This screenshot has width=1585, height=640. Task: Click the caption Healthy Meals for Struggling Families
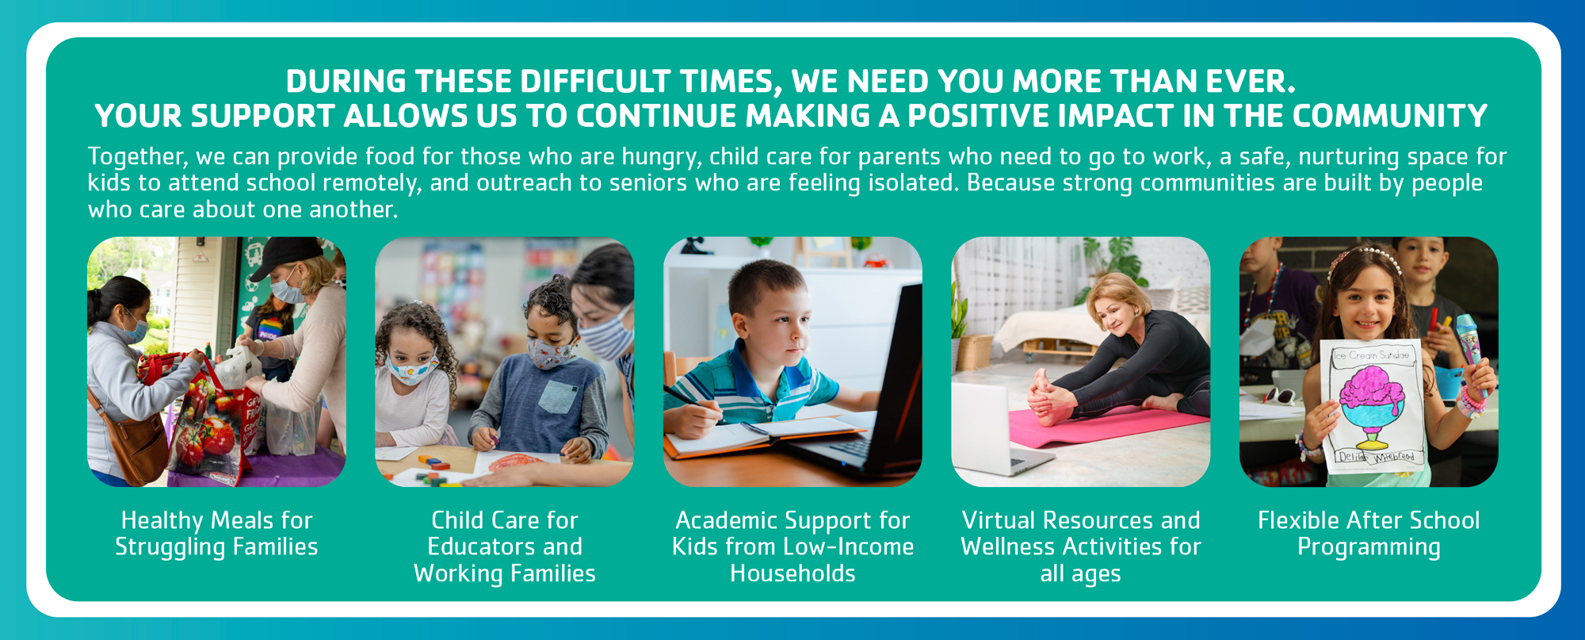click(x=216, y=534)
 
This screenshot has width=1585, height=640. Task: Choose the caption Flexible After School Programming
click(x=1369, y=534)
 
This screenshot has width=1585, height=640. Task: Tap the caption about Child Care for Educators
click(x=505, y=546)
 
